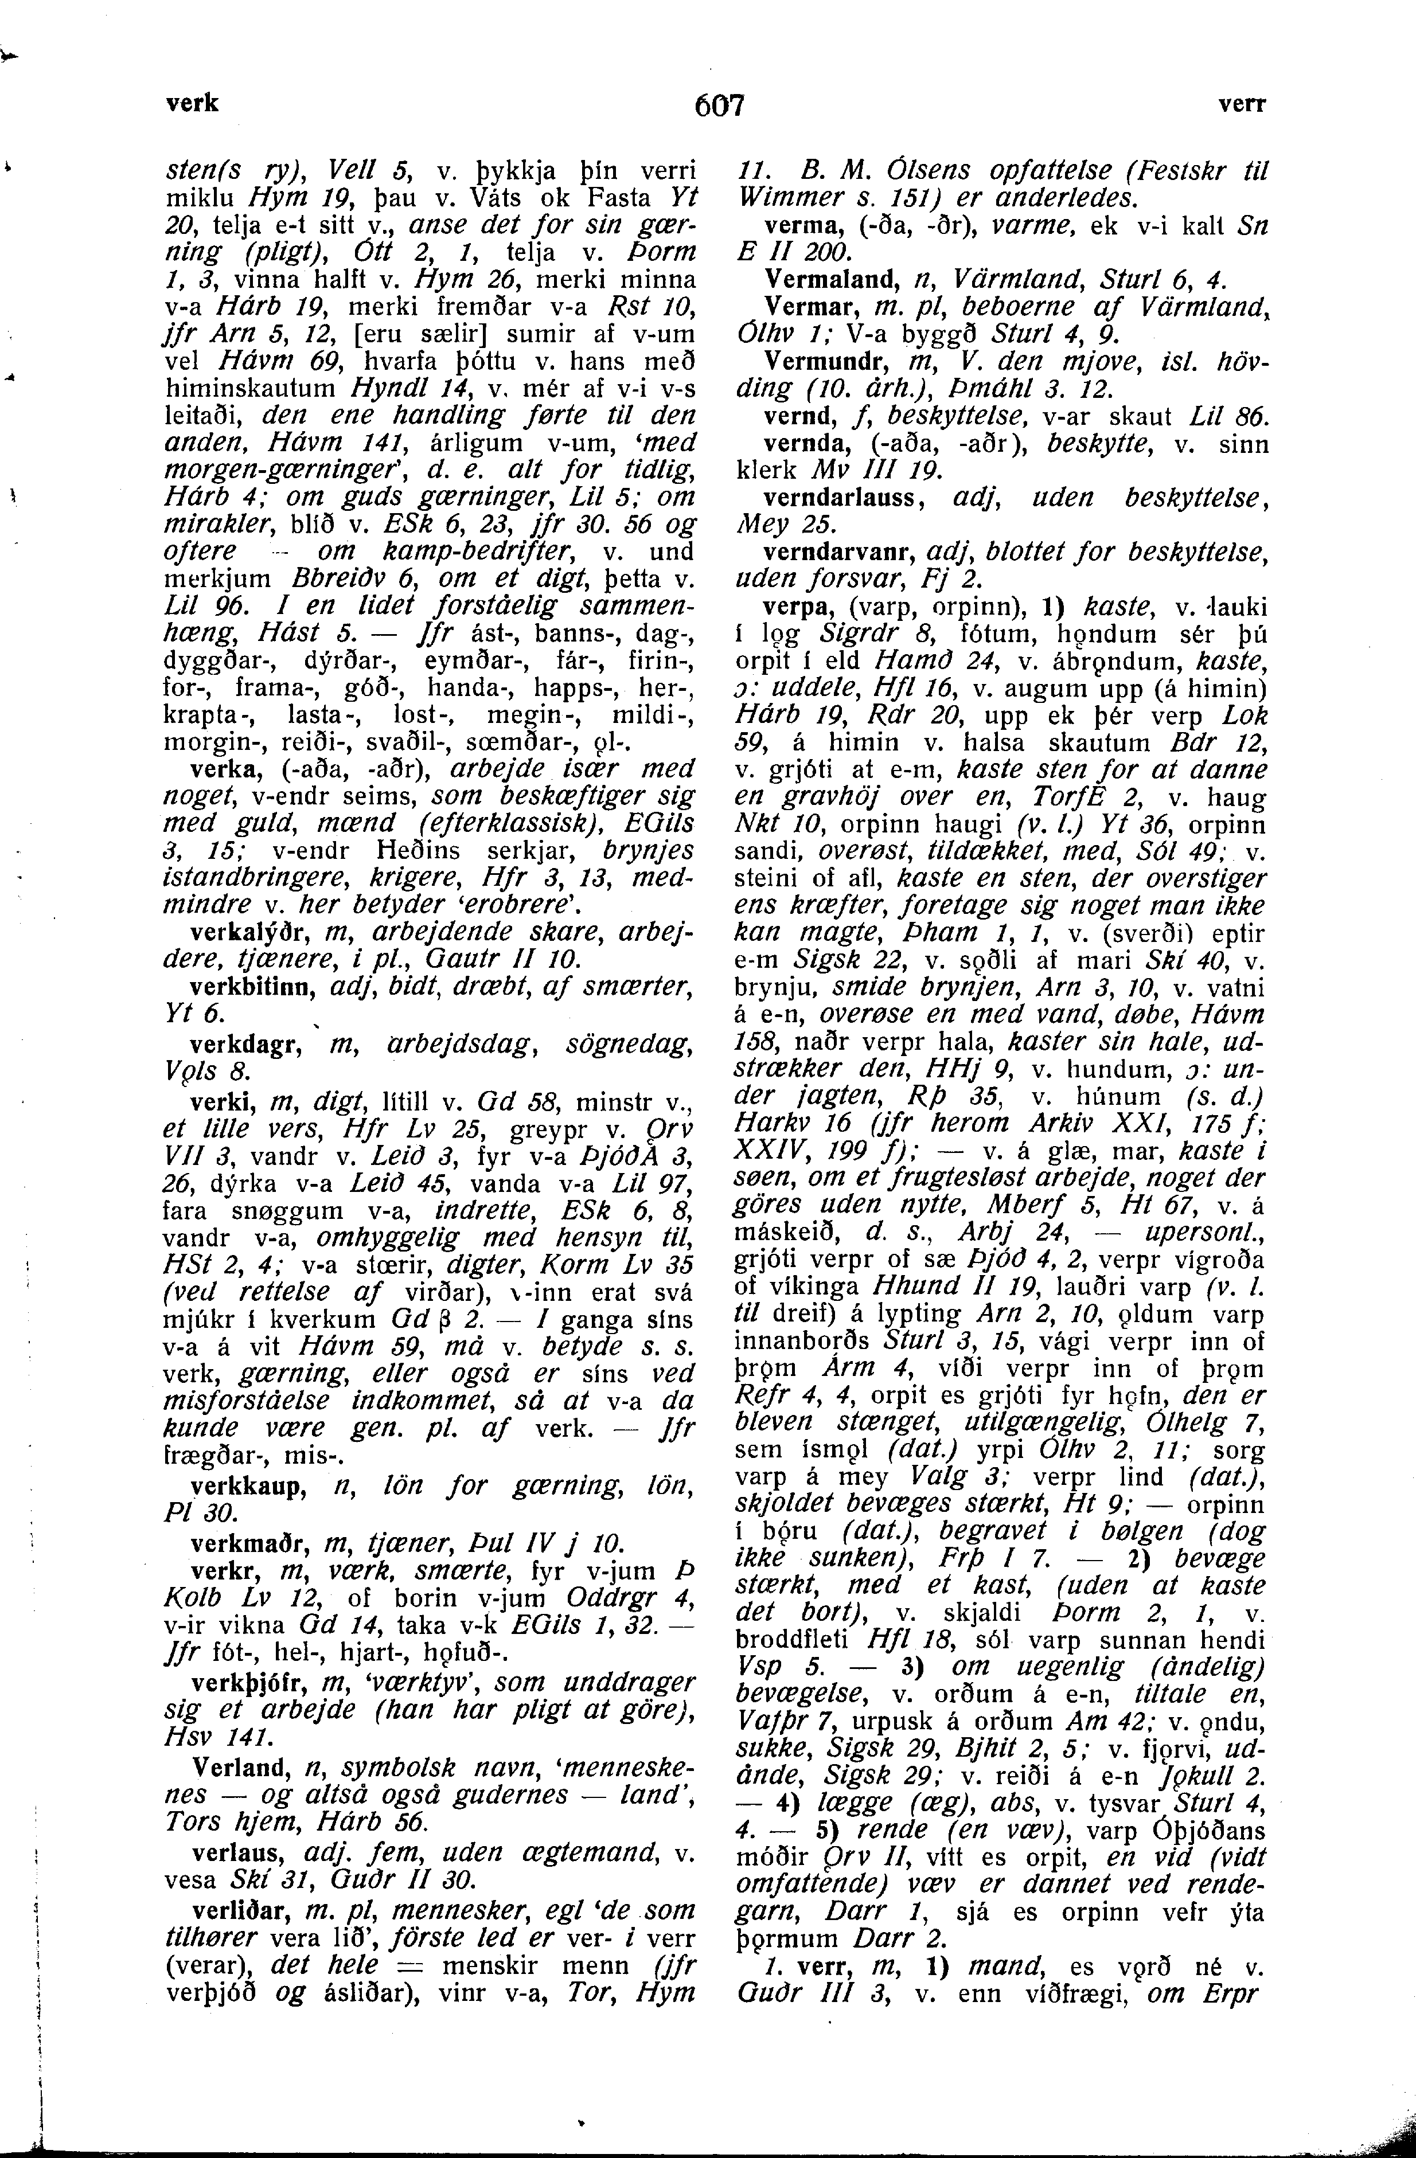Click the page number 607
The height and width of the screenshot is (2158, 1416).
tap(719, 106)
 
